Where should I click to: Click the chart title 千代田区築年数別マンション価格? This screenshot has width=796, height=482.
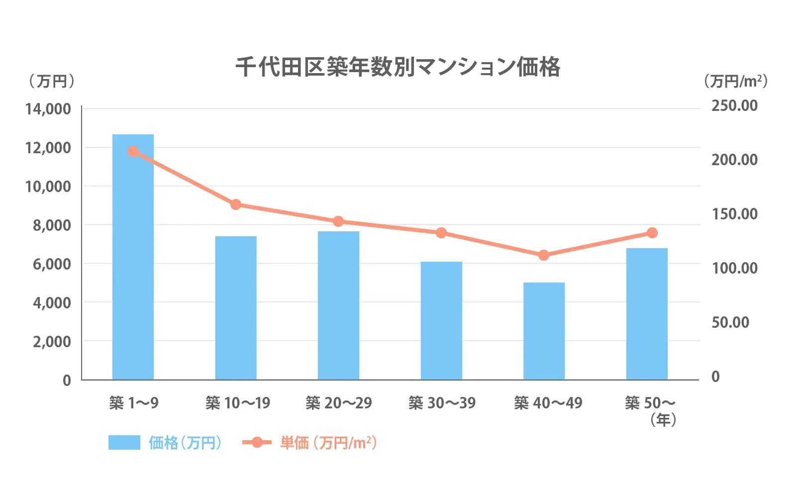tap(398, 67)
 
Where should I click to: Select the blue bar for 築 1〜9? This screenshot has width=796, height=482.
tap(133, 257)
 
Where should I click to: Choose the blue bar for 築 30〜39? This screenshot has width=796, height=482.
tap(441, 320)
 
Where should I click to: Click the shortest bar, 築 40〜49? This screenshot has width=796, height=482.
tap(544, 331)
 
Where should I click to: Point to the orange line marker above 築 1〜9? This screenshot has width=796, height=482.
tap(133, 151)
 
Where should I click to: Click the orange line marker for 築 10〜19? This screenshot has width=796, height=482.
tap(236, 204)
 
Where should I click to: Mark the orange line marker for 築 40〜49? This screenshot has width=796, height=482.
tap(544, 255)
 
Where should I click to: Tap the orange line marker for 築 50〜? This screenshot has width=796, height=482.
tap(652, 233)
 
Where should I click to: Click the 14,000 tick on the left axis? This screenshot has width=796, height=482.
tap(48, 109)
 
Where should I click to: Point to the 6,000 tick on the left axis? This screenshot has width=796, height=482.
tap(52, 264)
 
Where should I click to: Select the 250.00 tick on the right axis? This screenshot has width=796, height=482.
tap(734, 105)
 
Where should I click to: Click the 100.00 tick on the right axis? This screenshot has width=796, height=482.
tap(734, 268)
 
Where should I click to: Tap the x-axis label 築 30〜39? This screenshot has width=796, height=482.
tap(442, 402)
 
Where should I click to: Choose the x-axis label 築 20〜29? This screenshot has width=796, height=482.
tap(339, 402)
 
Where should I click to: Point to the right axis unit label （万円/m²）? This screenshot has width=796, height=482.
tap(735, 81)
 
